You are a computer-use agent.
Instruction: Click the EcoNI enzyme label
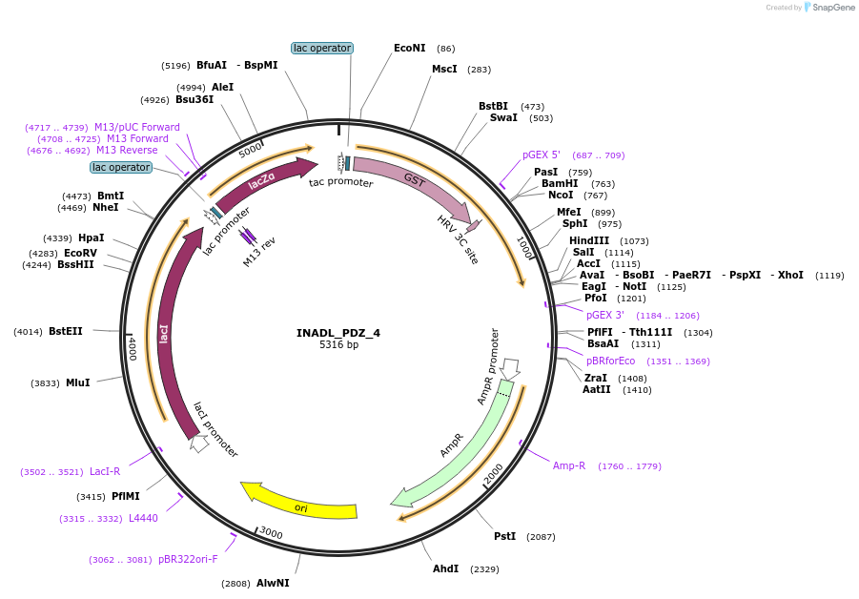pyautogui.click(x=410, y=48)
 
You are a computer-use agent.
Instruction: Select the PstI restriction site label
pyautogui.click(x=504, y=536)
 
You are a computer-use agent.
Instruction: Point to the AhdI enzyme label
pyautogui.click(x=445, y=568)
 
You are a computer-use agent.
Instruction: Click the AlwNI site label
pyautogui.click(x=273, y=583)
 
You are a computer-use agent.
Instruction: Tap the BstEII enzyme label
pyautogui.click(x=66, y=331)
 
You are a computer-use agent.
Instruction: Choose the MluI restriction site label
pyautogui.click(x=77, y=382)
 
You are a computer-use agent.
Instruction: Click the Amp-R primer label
pyautogui.click(x=569, y=465)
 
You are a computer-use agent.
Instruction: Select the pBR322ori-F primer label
pyautogui.click(x=188, y=560)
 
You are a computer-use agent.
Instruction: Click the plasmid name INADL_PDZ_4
pyautogui.click(x=338, y=333)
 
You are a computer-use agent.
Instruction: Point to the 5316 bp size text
pyautogui.click(x=338, y=345)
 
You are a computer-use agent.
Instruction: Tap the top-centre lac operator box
pyautogui.click(x=322, y=48)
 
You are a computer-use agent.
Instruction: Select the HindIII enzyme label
pyautogui.click(x=589, y=240)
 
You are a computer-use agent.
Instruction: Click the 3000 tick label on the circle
pyautogui.click(x=272, y=532)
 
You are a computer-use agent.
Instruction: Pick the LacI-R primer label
pyautogui.click(x=105, y=471)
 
